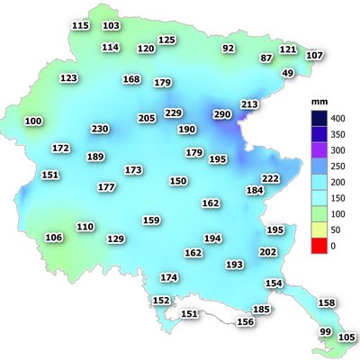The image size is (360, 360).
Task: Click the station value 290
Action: tap(222, 114)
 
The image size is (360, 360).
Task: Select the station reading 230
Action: tap(100, 130)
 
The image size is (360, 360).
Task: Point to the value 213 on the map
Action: tap(249, 104)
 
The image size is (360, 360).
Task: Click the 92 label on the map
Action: tap(228, 48)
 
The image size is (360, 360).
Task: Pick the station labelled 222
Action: tap(270, 179)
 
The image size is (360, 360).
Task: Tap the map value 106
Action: tap(54, 238)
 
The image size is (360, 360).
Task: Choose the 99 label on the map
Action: tap(326, 332)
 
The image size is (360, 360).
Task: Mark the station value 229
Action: tap(174, 112)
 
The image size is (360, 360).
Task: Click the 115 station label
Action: tap(80, 25)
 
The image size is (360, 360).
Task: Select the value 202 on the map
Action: tap(268, 252)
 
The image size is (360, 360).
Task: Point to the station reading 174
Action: tap(169, 277)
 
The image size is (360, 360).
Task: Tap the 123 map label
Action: tap(68, 78)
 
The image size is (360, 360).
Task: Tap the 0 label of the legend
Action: tap(333, 245)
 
